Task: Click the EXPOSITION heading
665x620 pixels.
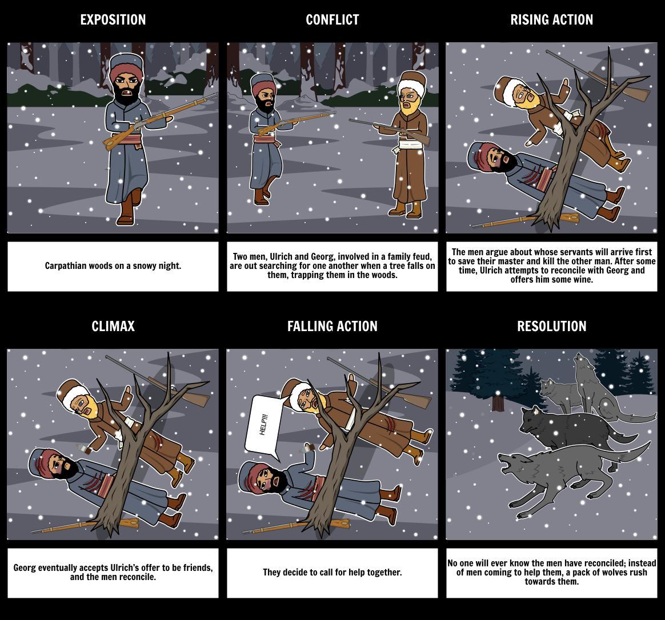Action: (113, 19)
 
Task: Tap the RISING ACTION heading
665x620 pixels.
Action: (551, 19)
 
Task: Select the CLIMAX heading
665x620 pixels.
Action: (113, 326)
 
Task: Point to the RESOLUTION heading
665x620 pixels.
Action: (551, 326)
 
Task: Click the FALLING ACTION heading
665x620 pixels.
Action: (332, 326)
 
